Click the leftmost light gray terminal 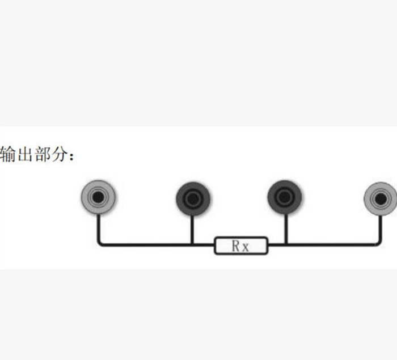pos(98,197)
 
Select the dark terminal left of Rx pos(193,198)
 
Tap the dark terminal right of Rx pos(284,197)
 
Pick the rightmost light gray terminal pos(381,199)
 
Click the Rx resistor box pos(241,245)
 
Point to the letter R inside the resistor pos(236,245)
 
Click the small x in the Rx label pos(245,247)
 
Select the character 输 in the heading pos(7,154)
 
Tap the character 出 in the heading pos(24,154)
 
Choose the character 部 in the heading pos(42,154)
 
